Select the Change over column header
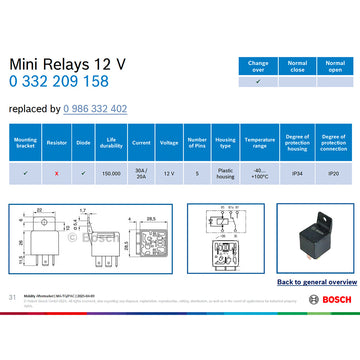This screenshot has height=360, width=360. pyautogui.click(x=258, y=65)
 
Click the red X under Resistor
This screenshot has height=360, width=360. pyautogui.click(x=57, y=173)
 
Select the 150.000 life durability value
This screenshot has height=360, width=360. pyautogui.click(x=112, y=173)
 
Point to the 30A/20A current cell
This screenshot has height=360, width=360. pyautogui.click(x=141, y=173)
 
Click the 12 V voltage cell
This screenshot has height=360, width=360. pyautogui.click(x=169, y=173)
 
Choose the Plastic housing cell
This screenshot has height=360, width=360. pyautogui.click(x=225, y=173)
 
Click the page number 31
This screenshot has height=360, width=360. pyautogui.click(x=11, y=297)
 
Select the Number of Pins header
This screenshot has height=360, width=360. pyautogui.click(x=197, y=143)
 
